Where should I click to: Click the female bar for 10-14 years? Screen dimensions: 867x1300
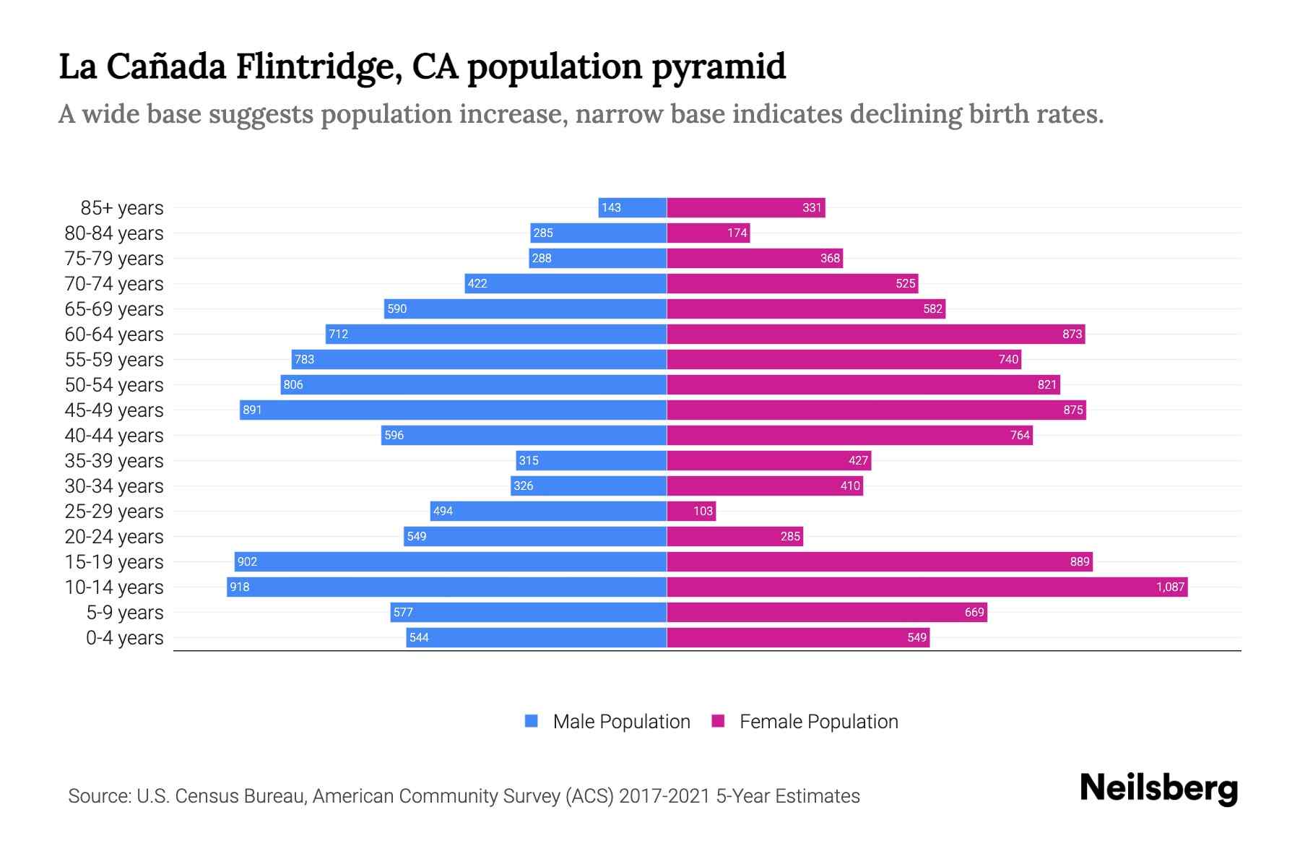(x=927, y=587)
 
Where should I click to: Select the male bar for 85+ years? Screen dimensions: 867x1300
(x=633, y=207)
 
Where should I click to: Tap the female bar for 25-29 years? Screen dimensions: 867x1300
(x=691, y=511)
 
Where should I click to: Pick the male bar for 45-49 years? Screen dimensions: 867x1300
(x=453, y=410)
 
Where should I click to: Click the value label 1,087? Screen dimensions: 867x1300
(x=1170, y=587)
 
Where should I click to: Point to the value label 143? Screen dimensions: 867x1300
(x=611, y=207)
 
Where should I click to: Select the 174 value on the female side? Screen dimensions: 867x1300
(x=737, y=233)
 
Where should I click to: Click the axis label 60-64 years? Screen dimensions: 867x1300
(x=114, y=335)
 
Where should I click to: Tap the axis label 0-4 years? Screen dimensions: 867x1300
(x=124, y=638)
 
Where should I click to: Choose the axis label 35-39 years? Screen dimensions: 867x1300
(x=114, y=461)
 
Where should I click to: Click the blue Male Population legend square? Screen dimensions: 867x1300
(x=532, y=721)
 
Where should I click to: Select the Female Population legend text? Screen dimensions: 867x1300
(x=818, y=722)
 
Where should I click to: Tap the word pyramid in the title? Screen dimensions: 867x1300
(x=718, y=67)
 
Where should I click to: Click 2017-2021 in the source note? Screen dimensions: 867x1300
(x=664, y=796)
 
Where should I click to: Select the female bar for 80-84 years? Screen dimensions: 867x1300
(x=708, y=233)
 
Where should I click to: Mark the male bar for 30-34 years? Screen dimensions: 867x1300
(x=589, y=486)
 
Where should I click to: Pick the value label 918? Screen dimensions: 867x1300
(x=239, y=587)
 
